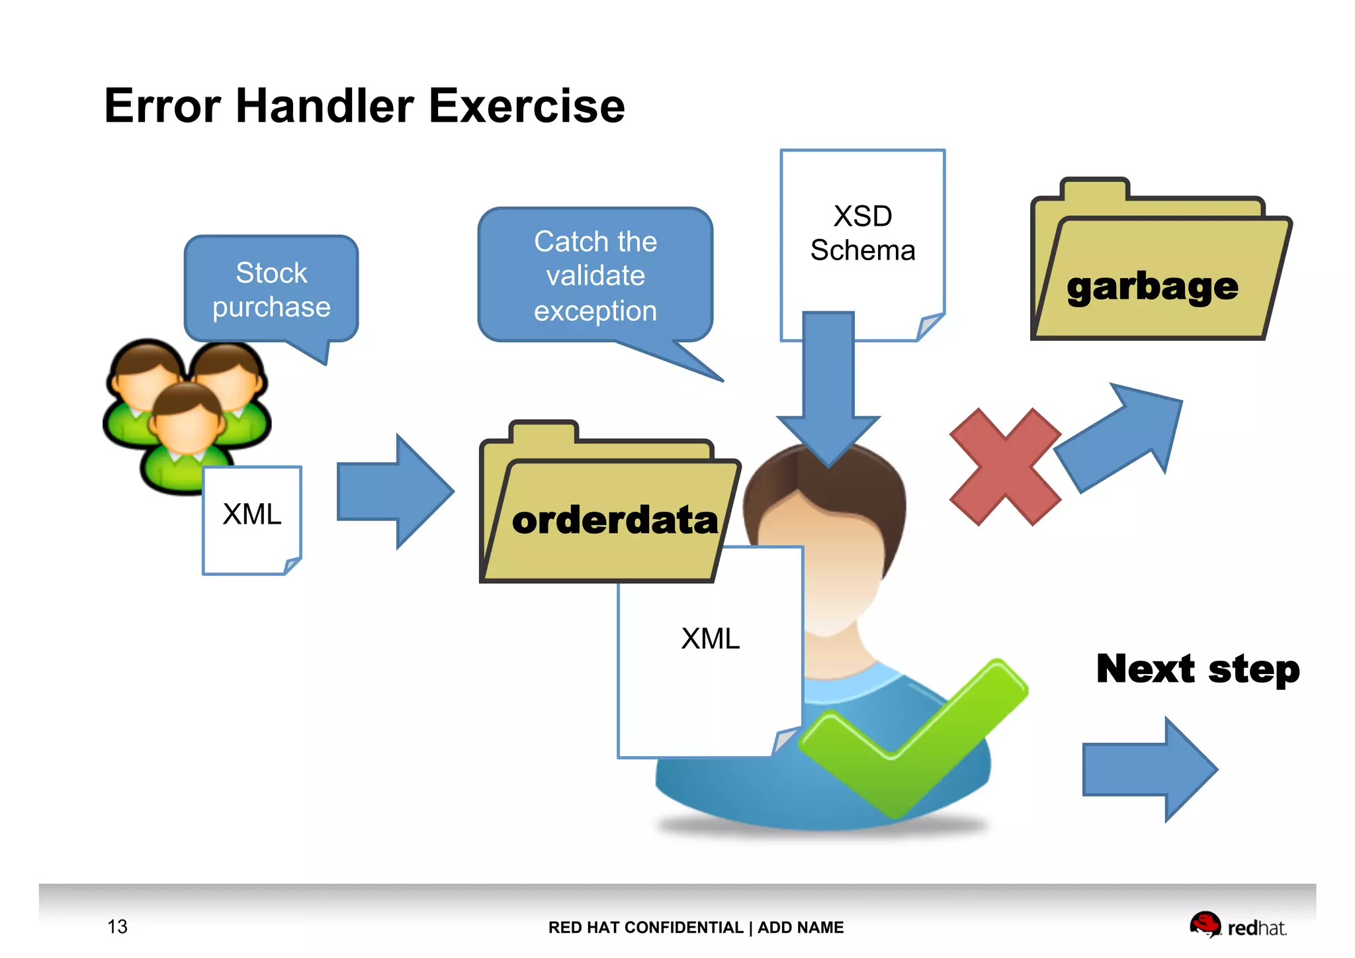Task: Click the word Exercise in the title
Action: [526, 106]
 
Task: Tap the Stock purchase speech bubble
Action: [271, 290]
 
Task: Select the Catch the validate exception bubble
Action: [595, 276]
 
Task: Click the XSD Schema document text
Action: [862, 233]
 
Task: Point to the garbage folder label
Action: [1152, 287]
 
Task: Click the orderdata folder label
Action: [615, 520]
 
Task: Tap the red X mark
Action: [1004, 467]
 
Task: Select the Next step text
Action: [1198, 669]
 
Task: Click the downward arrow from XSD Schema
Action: [828, 391]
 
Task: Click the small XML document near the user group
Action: [251, 520]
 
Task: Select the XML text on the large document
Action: [710, 639]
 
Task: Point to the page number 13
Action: [117, 926]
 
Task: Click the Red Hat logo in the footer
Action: [1237, 926]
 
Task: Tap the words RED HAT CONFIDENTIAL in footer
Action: [645, 928]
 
